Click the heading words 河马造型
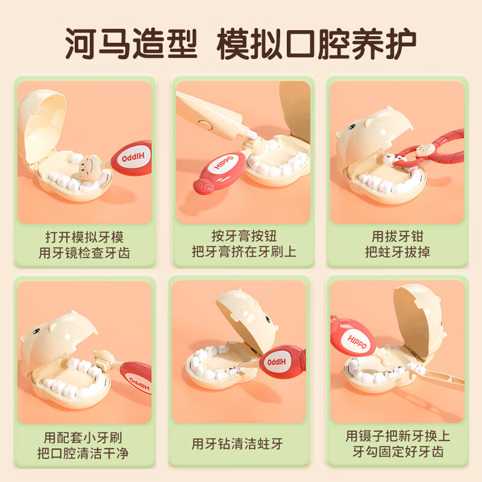[130, 45]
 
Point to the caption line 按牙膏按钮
[243, 236]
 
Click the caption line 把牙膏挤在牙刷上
[243, 252]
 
